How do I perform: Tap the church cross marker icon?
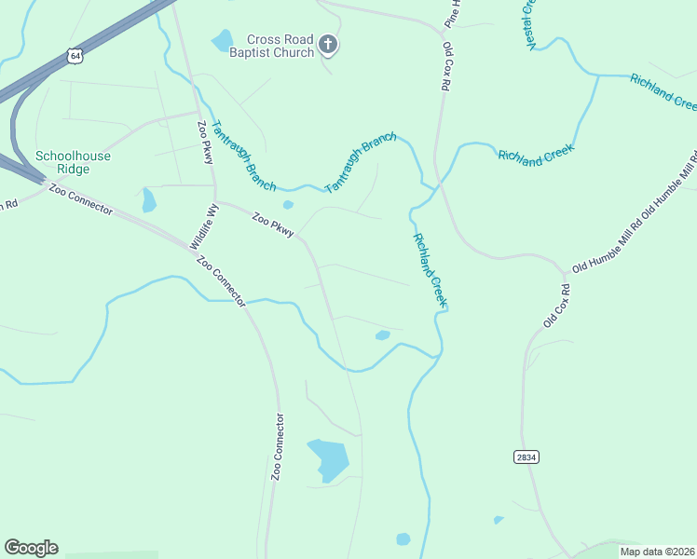(328, 44)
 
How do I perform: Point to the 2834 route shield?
(526, 457)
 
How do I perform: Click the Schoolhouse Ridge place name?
(73, 162)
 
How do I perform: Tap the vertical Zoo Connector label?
(277, 446)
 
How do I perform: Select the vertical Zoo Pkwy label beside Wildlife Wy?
(206, 142)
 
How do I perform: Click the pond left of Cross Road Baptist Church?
(222, 40)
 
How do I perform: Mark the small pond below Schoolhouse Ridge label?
(149, 200)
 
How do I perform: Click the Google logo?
(31, 548)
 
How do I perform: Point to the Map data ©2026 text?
(657, 552)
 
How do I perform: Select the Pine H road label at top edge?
(454, 12)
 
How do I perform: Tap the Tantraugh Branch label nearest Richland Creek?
(361, 163)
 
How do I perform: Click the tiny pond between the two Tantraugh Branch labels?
(288, 205)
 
